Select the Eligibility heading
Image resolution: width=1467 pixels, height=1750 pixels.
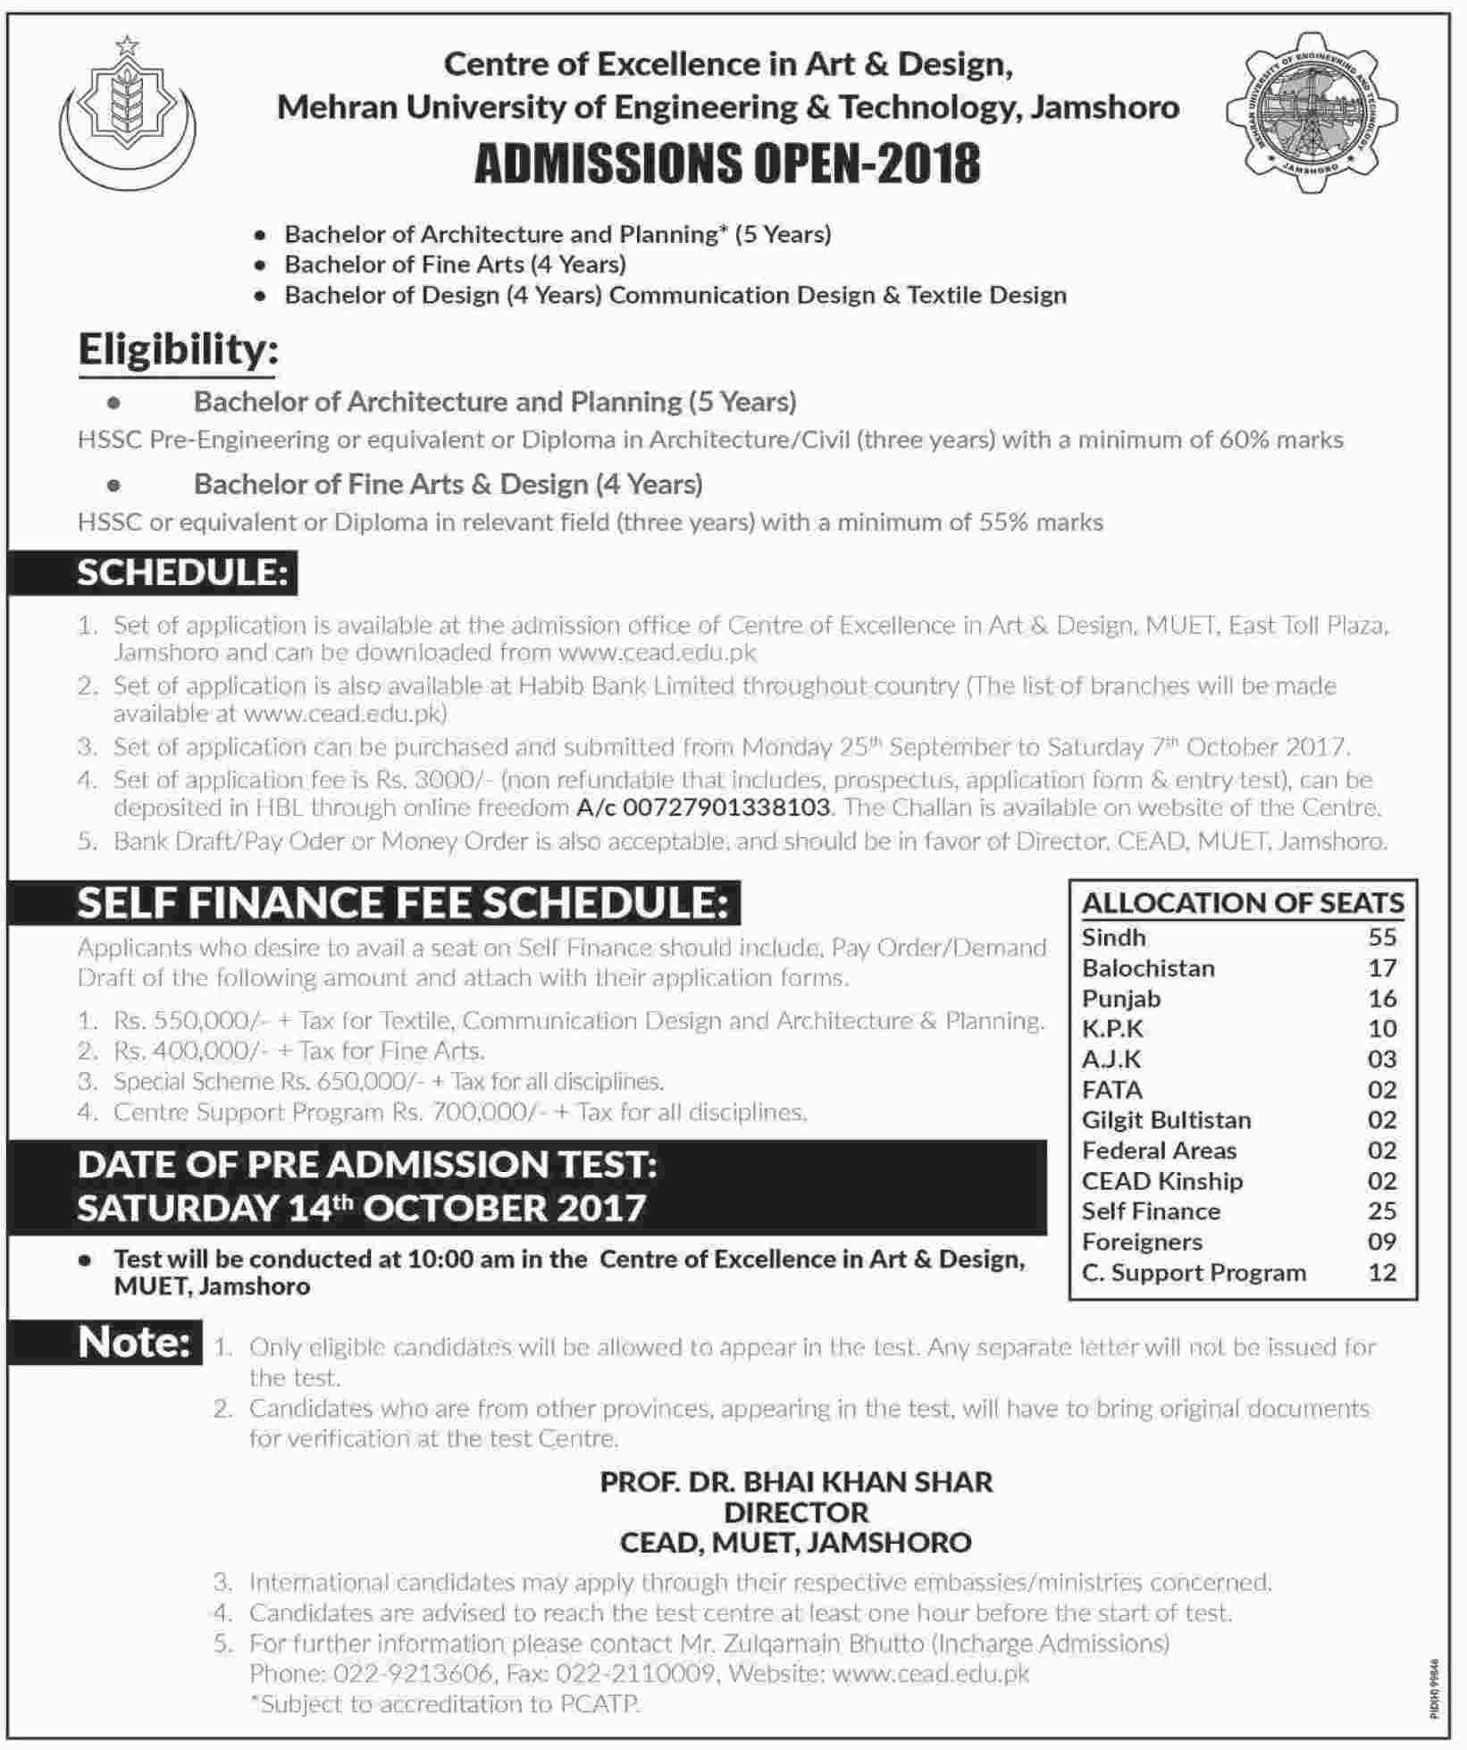178,349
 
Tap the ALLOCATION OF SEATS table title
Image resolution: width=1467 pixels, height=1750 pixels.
1242,903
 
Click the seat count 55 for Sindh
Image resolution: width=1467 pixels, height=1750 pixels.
1381,937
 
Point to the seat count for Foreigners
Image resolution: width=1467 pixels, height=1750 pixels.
1381,1242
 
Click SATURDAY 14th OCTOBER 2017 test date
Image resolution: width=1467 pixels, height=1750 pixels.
361,1208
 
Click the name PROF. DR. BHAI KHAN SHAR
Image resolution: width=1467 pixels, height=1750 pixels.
796,1482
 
